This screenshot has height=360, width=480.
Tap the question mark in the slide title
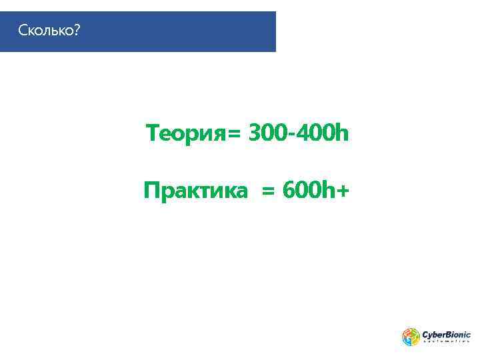point(76,31)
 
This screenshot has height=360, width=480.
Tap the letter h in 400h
point(342,134)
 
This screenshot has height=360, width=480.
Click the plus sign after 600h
point(342,192)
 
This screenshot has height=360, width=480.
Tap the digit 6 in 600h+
point(289,191)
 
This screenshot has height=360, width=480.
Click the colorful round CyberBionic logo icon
point(411,336)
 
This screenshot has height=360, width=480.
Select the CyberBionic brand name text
point(446,333)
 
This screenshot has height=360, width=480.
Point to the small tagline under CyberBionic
point(446,342)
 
